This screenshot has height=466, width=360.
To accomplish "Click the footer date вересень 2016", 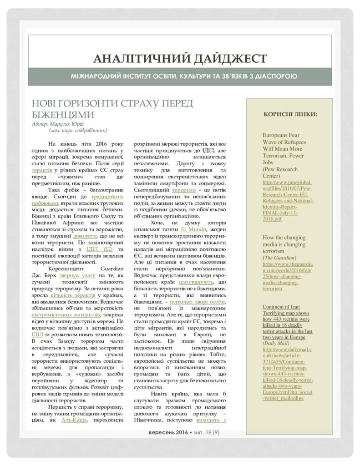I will (x=168, y=431).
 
